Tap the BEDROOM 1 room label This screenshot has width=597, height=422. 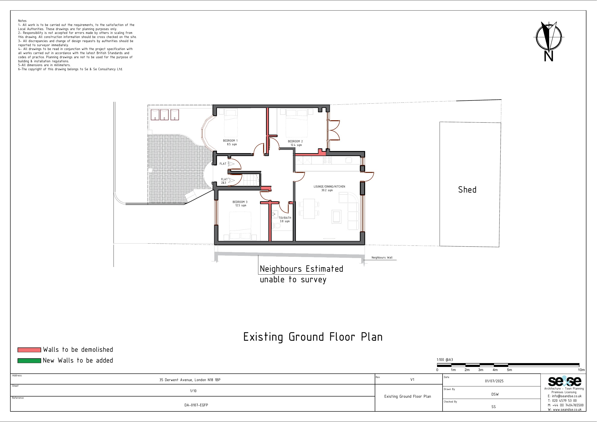tap(230, 141)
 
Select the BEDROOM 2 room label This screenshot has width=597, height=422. tap(295, 141)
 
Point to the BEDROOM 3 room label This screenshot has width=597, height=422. tap(240, 202)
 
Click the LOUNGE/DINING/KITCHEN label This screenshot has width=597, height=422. tap(329, 187)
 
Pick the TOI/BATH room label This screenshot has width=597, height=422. tap(285, 218)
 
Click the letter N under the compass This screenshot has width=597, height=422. tap(548, 56)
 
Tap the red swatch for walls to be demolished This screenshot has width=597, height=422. tap(29, 350)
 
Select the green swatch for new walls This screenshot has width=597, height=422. tap(29, 361)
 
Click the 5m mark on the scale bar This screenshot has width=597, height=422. tap(509, 370)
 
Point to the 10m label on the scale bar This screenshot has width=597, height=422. tap(581, 370)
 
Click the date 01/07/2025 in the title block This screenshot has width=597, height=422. tap(494, 381)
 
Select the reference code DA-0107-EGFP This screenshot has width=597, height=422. tap(196, 405)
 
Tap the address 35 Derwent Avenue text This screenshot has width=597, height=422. tap(190, 380)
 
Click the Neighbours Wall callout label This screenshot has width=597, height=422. tap(382, 258)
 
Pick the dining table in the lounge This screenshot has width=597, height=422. tap(309, 209)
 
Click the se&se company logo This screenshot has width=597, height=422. tap(564, 381)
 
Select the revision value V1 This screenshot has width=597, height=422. tap(412, 380)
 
